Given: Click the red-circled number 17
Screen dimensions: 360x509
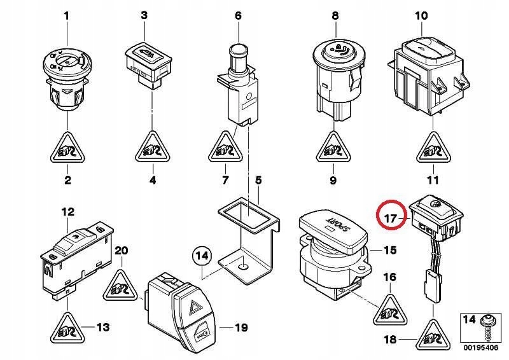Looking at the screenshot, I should pyautogui.click(x=391, y=217).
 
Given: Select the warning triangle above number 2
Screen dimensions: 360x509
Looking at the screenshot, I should pyautogui.click(x=67, y=149).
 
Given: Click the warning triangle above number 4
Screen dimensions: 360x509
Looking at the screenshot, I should pyautogui.click(x=152, y=149).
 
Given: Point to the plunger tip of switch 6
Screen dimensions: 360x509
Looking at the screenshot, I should pyautogui.click(x=239, y=50).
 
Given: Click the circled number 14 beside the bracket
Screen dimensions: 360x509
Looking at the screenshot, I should pyautogui.click(x=202, y=257).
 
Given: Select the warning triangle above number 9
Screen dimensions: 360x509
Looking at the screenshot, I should pyautogui.click(x=332, y=149).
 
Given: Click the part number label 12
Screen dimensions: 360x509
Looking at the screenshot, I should pyautogui.click(x=67, y=211).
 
